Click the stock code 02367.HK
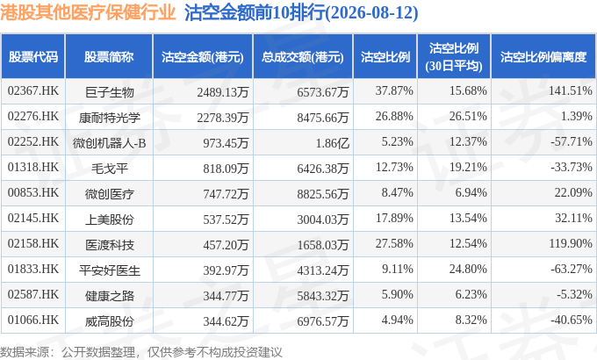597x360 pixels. click(33, 91)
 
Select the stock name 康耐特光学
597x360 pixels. click(109, 118)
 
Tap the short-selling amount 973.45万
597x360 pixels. click(226, 143)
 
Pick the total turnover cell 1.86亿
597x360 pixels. click(332, 143)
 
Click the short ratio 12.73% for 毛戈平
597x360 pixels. click(394, 167)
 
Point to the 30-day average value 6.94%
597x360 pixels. click(471, 193)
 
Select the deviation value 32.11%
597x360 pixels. click(573, 219)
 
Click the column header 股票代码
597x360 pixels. click(33, 57)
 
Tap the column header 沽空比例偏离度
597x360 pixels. click(543, 57)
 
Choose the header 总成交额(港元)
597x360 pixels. click(303, 57)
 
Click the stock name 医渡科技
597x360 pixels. click(109, 245)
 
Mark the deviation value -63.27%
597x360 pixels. click(572, 270)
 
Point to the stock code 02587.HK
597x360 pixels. click(33, 295)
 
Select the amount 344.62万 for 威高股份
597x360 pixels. click(226, 321)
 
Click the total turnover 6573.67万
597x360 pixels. click(323, 92)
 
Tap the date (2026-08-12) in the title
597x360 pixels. click(371, 12)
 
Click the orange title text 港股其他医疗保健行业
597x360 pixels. click(88, 12)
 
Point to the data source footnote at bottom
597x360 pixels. click(140, 352)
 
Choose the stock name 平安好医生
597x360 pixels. click(109, 270)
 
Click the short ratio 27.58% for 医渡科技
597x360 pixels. click(394, 244)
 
